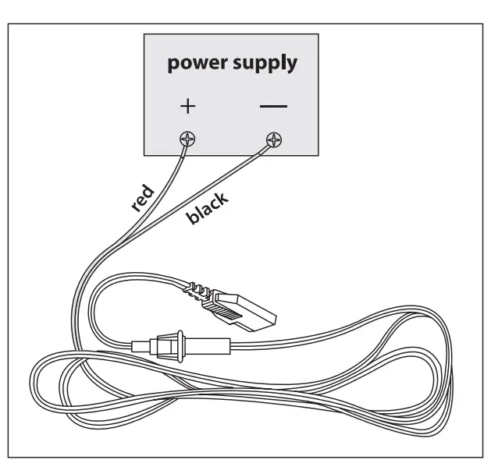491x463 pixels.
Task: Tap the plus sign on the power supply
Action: pyautogui.click(x=187, y=105)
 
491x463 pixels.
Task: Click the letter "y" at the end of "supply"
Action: pyautogui.click(x=292, y=66)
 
